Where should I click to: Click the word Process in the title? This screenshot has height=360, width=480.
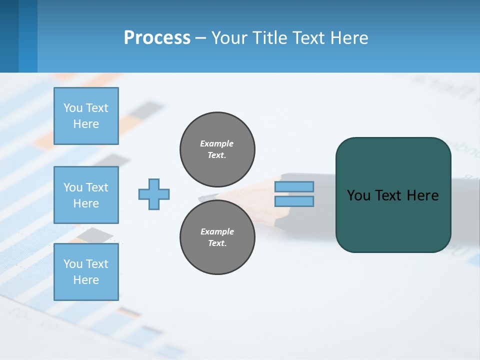157,38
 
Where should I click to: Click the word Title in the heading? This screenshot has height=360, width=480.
267,38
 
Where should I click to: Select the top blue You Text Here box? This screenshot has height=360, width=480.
86,116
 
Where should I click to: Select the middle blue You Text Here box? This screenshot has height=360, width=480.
86,195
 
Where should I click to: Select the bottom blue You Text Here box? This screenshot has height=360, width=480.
86,271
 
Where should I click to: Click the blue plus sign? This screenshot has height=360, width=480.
154,194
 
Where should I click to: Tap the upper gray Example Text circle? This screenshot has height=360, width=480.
217,149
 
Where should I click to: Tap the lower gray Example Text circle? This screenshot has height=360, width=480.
217,237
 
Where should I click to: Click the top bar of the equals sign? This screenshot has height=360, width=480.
294,187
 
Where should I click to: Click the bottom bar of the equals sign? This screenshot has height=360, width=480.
294,201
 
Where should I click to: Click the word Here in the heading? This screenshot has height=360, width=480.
348,38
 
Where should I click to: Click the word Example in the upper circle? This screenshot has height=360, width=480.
217,143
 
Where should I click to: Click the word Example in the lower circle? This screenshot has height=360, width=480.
217,231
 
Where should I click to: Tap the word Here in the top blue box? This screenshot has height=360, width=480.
86,124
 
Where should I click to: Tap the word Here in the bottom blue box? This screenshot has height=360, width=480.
86,280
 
